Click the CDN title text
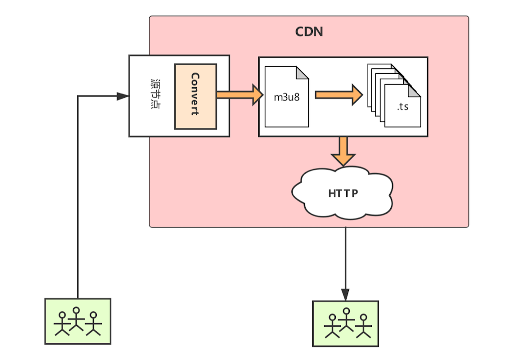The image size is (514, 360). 309,32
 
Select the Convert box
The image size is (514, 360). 195,96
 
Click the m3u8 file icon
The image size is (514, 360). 287,97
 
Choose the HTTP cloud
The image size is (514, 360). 343,193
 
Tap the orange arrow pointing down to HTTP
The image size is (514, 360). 343,151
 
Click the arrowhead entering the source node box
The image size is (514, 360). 122,96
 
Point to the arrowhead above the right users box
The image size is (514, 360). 345,294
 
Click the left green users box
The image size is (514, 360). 78,321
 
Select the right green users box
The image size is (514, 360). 345,324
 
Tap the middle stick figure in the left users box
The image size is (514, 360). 77,318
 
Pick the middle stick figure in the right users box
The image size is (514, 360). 346,319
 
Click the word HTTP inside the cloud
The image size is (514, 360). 343,193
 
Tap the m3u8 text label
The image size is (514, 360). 286,98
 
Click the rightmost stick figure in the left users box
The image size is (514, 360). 93,323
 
